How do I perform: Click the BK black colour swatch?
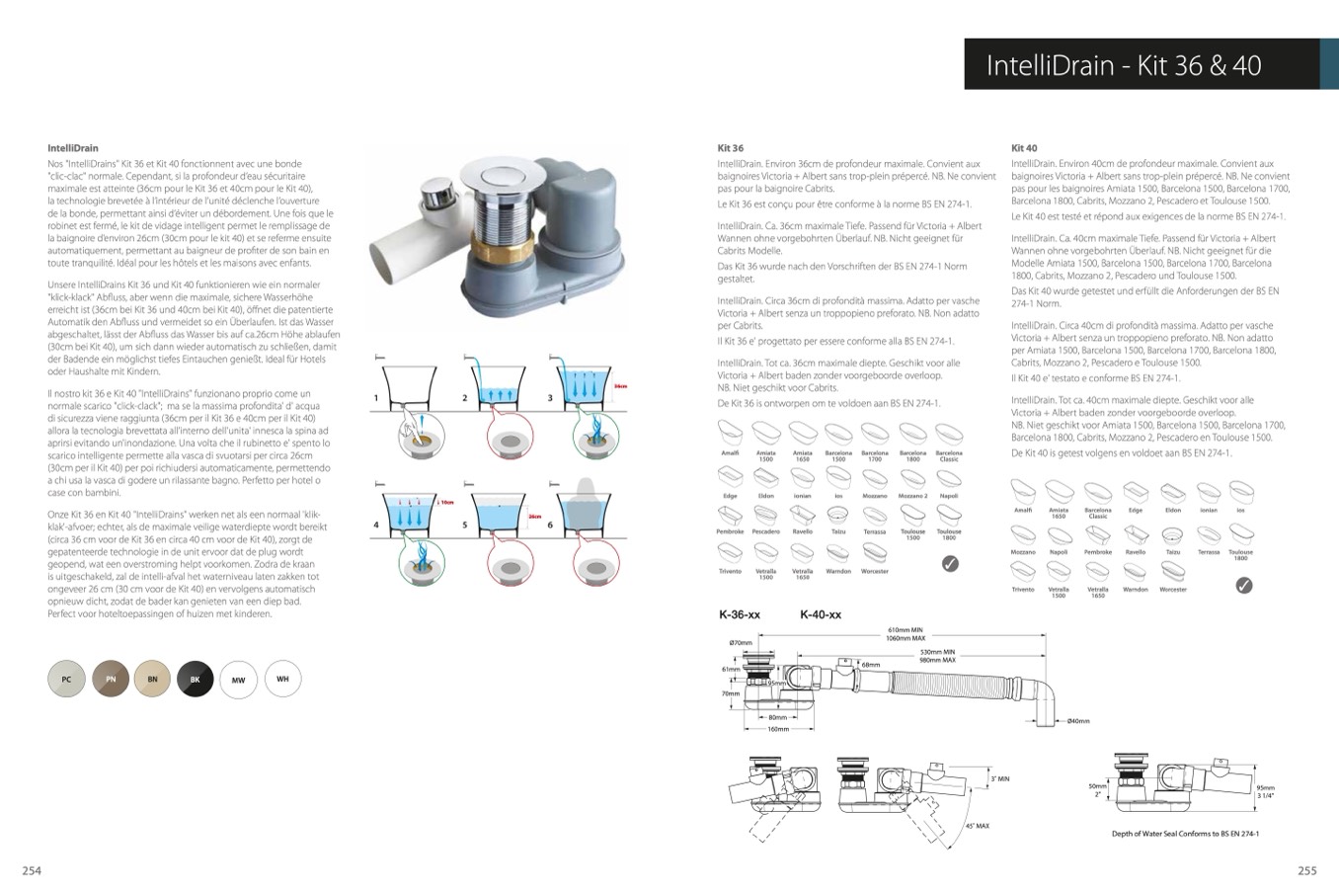click(x=195, y=680)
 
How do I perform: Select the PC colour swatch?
click(x=66, y=680)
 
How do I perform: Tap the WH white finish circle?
click(x=282, y=680)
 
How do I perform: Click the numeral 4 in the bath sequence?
click(x=375, y=525)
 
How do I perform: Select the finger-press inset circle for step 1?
click(x=419, y=435)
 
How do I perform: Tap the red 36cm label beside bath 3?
click(x=620, y=386)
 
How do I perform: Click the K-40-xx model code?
click(x=820, y=615)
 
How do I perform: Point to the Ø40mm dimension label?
click(x=1077, y=721)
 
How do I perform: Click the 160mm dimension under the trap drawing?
click(x=778, y=730)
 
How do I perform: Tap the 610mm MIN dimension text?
click(x=905, y=629)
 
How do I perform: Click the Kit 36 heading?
click(x=730, y=148)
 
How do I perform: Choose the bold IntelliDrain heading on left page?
click(x=73, y=148)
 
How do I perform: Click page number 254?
click(x=32, y=870)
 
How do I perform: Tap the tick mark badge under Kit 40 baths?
click(x=1244, y=585)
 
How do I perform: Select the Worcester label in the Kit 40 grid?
click(x=1173, y=590)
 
